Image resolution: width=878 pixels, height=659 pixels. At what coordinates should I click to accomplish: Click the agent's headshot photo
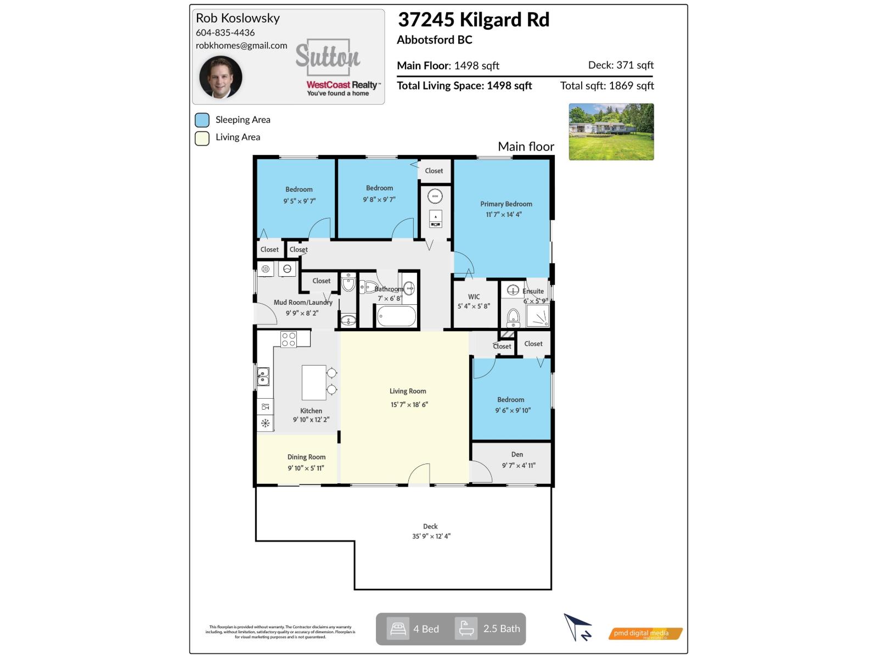click(221, 77)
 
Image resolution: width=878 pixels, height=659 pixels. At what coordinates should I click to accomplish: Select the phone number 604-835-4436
click(225, 32)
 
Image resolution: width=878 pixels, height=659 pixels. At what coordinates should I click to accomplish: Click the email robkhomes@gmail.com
click(241, 46)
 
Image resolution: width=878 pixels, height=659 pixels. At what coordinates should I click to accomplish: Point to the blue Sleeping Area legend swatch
click(202, 120)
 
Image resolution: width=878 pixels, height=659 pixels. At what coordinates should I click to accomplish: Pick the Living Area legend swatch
click(202, 138)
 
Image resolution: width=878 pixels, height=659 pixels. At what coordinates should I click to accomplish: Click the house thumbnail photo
click(611, 132)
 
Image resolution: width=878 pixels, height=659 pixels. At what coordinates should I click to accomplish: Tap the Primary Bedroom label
click(506, 204)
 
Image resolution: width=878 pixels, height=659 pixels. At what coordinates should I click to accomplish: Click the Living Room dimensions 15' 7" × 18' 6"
click(409, 405)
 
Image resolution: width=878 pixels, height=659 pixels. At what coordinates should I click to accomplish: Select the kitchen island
click(314, 383)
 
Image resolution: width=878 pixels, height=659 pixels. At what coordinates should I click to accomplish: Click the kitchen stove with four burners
click(289, 339)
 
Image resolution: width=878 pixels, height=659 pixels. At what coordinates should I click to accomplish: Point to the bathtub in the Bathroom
click(396, 316)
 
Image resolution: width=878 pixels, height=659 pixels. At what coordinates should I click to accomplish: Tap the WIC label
click(474, 297)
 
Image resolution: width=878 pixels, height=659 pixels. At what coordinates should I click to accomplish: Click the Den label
click(517, 454)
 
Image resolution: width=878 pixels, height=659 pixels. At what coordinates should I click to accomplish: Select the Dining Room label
click(306, 457)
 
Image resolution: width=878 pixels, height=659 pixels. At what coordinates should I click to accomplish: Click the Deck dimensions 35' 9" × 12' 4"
click(431, 537)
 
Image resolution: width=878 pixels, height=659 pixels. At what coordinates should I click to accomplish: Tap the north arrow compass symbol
click(577, 627)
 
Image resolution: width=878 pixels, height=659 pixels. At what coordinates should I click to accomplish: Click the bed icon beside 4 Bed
click(398, 629)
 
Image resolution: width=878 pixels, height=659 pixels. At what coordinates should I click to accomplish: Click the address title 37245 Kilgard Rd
click(473, 20)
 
